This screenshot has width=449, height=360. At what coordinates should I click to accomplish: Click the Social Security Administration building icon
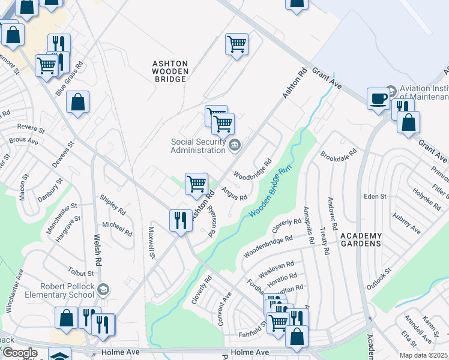click(x=235, y=143)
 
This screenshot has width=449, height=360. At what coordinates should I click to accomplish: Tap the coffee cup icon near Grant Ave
click(x=378, y=98)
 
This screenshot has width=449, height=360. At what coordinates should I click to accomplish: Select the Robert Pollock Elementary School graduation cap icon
click(x=103, y=290)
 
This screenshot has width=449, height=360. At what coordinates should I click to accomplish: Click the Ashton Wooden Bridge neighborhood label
click(x=170, y=70)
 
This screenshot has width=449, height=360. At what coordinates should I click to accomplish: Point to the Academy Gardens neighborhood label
click(x=361, y=239)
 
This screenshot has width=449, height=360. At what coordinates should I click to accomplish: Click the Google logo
click(x=20, y=353)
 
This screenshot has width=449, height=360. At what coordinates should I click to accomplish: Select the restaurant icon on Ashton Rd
click(x=180, y=220)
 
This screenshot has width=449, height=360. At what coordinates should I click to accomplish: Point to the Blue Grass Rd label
click(x=69, y=78)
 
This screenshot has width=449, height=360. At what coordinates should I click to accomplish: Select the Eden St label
click(x=375, y=196)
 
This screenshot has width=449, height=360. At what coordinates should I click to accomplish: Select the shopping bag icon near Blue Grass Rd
click(x=78, y=103)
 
